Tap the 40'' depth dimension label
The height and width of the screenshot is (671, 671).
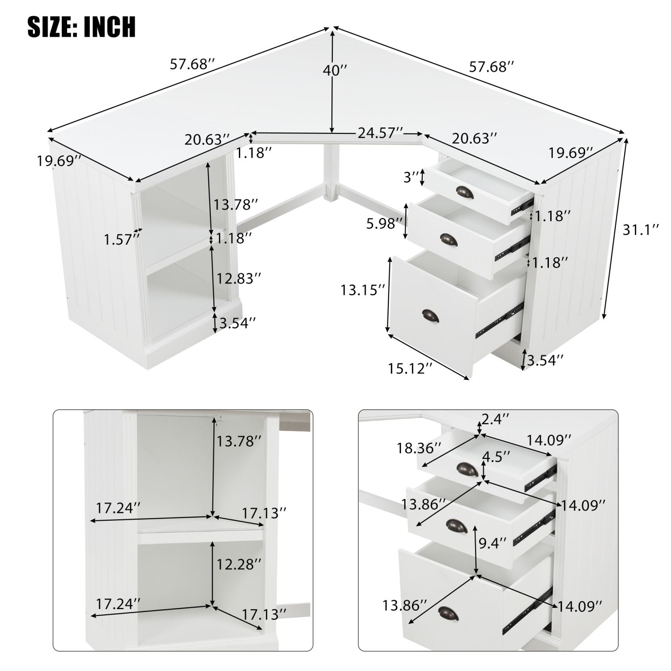pyautogui.click(x=335, y=70)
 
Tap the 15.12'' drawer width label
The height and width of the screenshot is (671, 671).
pyautogui.click(x=410, y=369)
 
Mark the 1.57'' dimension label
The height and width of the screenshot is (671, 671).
pyautogui.click(x=119, y=240)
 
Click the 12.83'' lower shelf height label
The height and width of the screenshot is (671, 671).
pyautogui.click(x=238, y=278)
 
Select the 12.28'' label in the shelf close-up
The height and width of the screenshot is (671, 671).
pyautogui.click(x=238, y=564)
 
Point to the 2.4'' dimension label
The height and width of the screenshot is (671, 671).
pyautogui.click(x=495, y=419)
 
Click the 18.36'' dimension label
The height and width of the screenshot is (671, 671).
pyautogui.click(x=419, y=447)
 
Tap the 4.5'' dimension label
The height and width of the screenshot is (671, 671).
pyautogui.click(x=496, y=457)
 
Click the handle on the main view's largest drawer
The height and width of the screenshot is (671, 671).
pyautogui.click(x=430, y=315)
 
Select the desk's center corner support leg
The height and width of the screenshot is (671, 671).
pyautogui.click(x=330, y=174)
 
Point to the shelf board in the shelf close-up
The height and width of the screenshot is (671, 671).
pyautogui.click(x=200, y=532)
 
